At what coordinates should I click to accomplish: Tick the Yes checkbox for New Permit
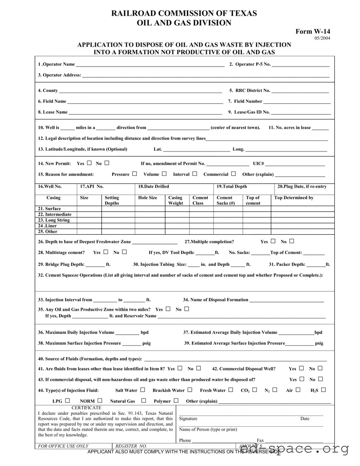pos(89,163)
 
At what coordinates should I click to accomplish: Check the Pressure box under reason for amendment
pos(134,174)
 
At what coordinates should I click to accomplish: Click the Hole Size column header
pos(148,198)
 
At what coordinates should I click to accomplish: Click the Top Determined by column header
pos(293,198)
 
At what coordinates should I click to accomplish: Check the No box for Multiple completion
pos(292,241)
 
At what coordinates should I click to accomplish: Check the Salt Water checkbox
pos(142,390)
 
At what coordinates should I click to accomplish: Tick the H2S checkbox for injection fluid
pos(323,390)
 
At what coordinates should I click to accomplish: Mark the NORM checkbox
pos(99,400)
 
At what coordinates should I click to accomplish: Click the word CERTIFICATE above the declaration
pos(87,408)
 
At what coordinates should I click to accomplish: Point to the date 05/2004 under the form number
pos(322,38)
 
